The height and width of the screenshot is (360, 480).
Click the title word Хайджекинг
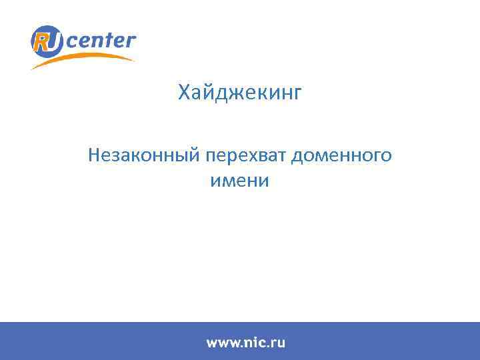[x=240, y=93]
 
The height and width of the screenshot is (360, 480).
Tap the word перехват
[x=245, y=156]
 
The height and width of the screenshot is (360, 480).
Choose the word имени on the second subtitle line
[x=239, y=181]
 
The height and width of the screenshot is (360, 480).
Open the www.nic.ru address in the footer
[x=245, y=343]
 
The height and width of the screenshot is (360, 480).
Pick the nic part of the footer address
[x=254, y=343]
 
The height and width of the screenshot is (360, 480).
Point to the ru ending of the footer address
[x=278, y=343]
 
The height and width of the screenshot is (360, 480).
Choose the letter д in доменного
[x=297, y=156]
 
